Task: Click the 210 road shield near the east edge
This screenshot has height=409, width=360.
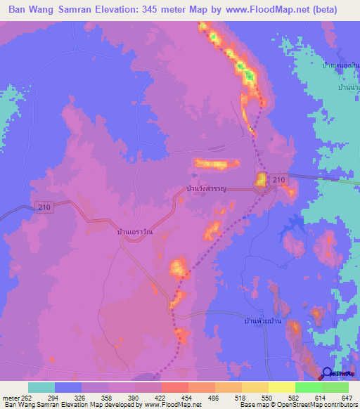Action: pyautogui.click(x=279, y=181)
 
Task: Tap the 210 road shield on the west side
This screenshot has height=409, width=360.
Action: pyautogui.click(x=42, y=207)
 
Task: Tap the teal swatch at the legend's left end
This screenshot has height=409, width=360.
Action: pyautogui.click(x=41, y=387)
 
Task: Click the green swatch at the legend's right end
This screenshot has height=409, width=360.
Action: pyautogui.click(x=335, y=387)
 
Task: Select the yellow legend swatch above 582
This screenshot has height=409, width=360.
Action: pyautogui.click(x=282, y=387)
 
